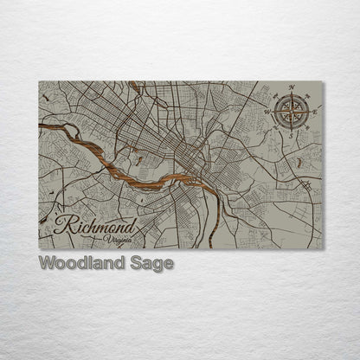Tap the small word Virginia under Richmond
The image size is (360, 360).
pos(118,238)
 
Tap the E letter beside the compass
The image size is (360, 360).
pos(314,112)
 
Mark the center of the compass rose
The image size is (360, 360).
pos(292,112)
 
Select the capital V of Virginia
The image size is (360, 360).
pos(106,238)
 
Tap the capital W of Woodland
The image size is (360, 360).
pos(48,263)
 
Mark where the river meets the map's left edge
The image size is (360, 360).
pos(41,127)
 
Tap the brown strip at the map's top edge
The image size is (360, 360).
pos(133,84)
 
